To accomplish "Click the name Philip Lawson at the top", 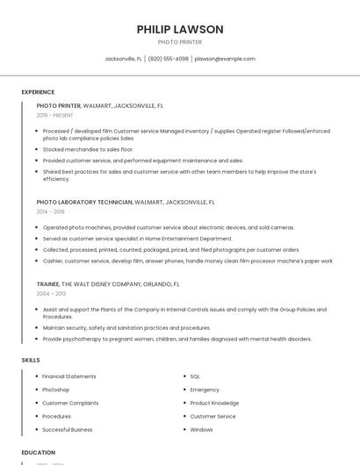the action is (180, 29).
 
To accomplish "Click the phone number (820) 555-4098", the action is (169, 59).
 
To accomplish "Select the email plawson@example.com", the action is (225, 59).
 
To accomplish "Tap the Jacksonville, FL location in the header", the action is (124, 59).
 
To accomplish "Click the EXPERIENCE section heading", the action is (38, 92).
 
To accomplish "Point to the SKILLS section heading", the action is (31, 360).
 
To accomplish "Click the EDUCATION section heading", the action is (39, 453).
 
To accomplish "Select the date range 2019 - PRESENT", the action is (55, 115).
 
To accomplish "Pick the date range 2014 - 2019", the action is (51, 211).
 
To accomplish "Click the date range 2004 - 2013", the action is (51, 294).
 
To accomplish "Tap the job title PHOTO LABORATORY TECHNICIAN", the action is (84, 202).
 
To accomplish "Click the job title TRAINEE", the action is (48, 284).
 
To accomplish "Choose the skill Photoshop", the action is (56, 390).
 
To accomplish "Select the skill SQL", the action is (197, 376).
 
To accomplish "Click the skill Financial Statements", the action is (68, 376).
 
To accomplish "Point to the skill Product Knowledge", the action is (214, 403).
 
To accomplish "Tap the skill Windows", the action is (202, 430).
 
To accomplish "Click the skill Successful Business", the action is (68, 430).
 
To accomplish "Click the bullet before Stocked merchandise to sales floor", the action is (36, 150).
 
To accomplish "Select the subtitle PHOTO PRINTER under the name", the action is (180, 42).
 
